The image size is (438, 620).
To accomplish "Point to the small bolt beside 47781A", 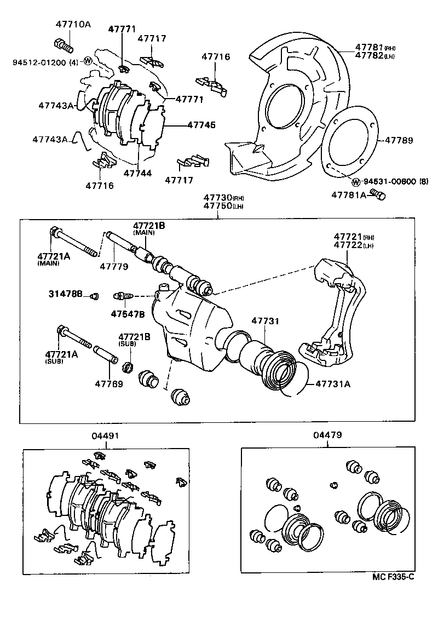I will (377, 194).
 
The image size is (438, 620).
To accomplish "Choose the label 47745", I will (201, 125).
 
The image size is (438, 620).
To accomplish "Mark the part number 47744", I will (137, 173).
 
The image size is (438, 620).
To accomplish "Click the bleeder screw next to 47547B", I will (122, 296).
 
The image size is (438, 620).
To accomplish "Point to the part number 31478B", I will (66, 295).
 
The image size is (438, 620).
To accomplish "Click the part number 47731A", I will (333, 384).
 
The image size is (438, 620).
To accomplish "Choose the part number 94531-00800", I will (389, 182).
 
